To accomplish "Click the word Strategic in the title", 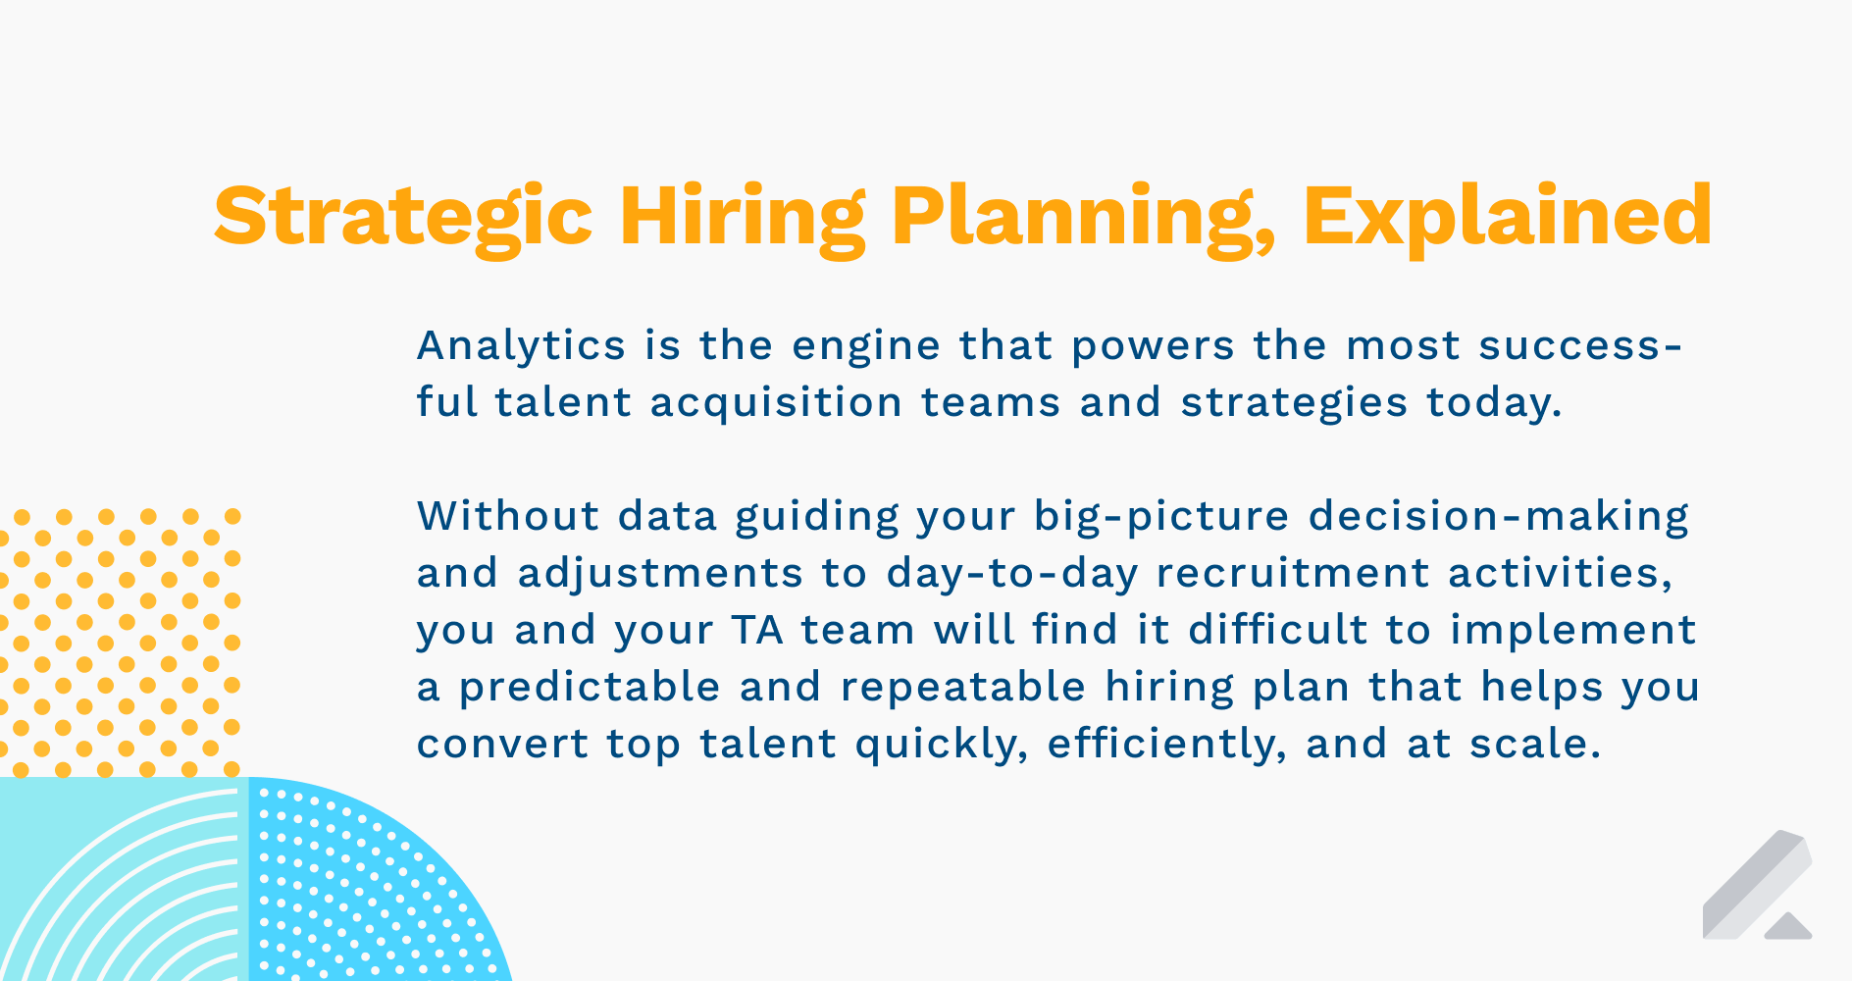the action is tap(403, 219).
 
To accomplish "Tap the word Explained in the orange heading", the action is tap(1508, 219).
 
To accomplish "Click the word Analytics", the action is tap(521, 345).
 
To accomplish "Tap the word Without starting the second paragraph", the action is tap(508, 516).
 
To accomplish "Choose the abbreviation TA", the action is tap(757, 630).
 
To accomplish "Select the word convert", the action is tap(502, 745).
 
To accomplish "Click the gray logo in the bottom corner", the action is tap(1757, 885).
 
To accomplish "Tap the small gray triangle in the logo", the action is tap(1787, 927).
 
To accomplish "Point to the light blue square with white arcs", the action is tap(119, 879).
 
